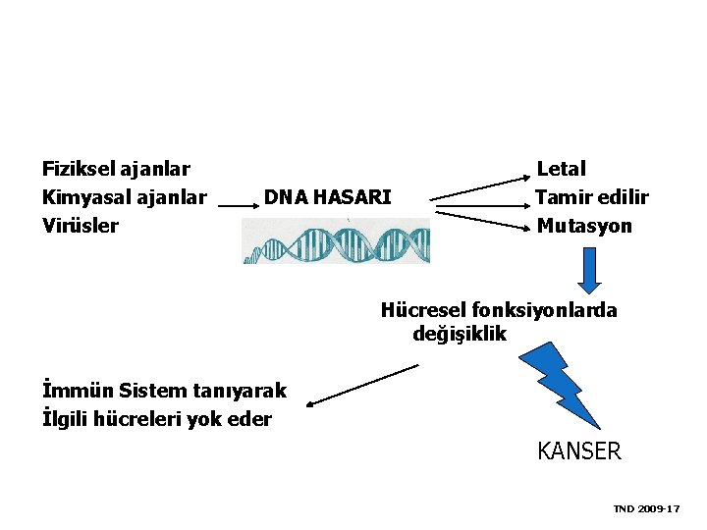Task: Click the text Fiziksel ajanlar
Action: [116, 170]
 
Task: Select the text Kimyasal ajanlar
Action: [124, 197]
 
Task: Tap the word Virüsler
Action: [81, 226]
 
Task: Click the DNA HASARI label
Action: [327, 197]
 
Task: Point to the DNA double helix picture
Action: [336, 241]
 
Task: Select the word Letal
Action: [561, 170]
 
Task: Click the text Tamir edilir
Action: [591, 197]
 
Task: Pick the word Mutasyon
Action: [584, 226]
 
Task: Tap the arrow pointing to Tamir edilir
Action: [481, 205]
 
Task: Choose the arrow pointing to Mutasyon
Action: [481, 219]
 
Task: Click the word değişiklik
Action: [460, 334]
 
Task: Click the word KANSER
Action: [579, 451]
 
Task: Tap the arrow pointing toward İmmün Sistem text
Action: [361, 385]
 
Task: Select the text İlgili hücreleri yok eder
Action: [157, 420]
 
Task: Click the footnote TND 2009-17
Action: [646, 508]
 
